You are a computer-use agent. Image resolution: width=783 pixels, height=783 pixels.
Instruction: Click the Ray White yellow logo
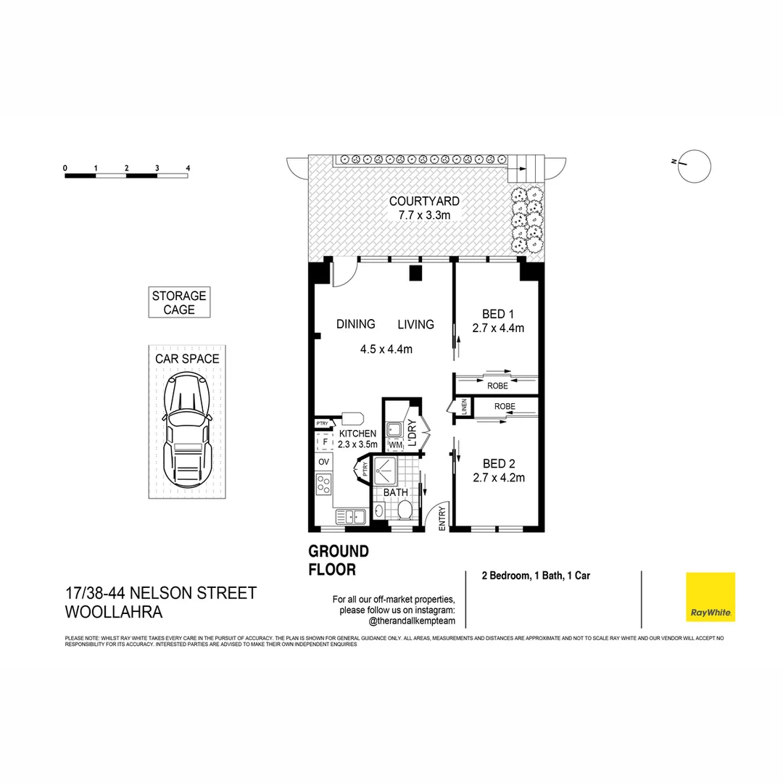click(x=710, y=597)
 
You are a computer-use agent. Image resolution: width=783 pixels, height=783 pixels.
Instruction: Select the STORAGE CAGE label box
click(x=179, y=302)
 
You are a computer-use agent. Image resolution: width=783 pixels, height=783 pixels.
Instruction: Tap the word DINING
click(x=355, y=324)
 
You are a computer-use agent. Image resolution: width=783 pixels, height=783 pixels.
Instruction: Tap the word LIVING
click(x=415, y=324)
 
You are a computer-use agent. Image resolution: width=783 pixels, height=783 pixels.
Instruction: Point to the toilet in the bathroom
click(x=405, y=510)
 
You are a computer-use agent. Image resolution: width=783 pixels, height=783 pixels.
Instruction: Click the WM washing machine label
click(x=395, y=444)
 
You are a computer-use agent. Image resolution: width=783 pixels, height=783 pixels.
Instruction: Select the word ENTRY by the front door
click(x=442, y=521)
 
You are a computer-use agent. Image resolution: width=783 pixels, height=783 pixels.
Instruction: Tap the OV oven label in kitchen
click(x=323, y=461)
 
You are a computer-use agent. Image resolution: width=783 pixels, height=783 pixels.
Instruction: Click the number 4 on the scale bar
click(x=188, y=168)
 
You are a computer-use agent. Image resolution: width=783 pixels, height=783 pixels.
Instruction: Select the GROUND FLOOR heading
click(x=339, y=560)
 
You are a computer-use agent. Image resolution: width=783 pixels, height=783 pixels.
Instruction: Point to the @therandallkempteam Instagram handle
click(x=412, y=621)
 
